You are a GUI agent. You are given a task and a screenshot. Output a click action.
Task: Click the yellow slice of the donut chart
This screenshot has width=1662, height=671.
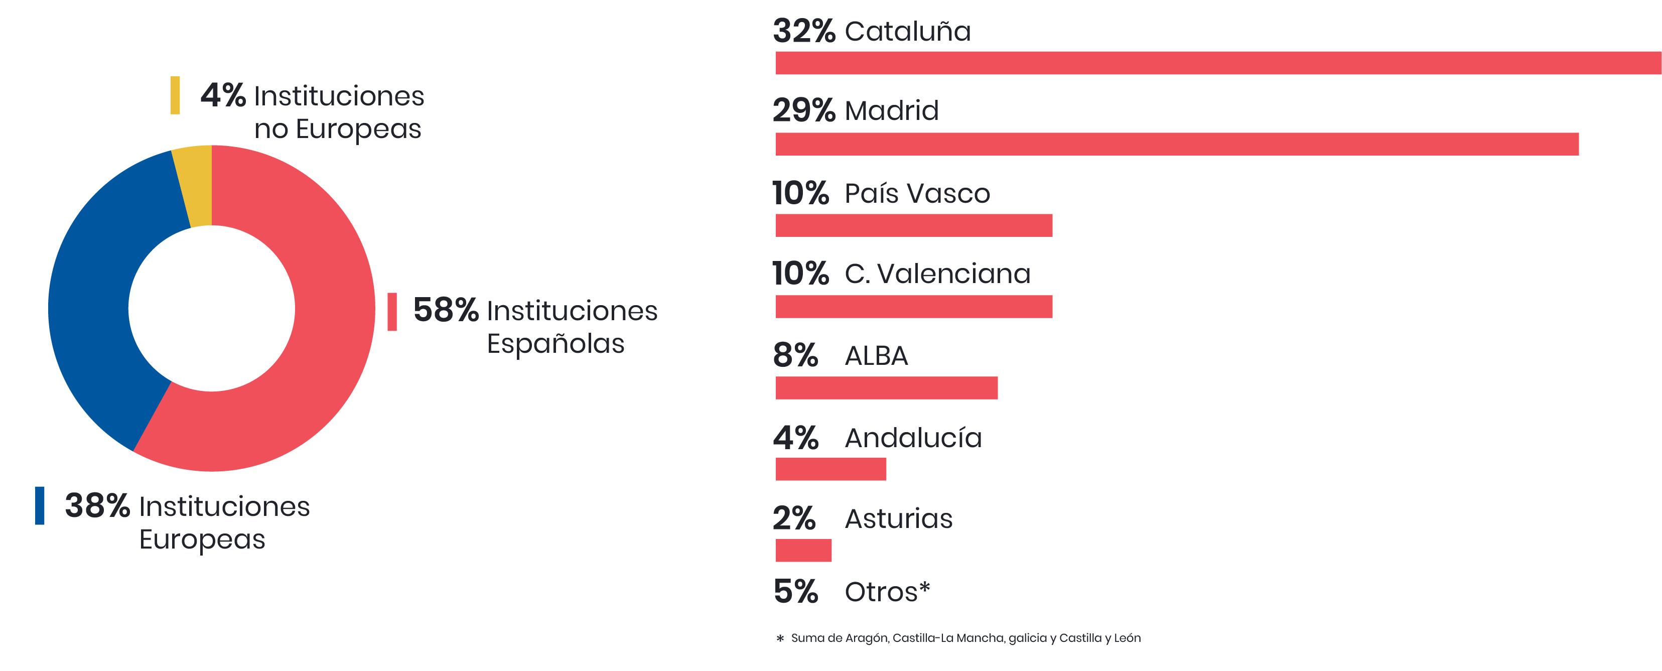pyautogui.click(x=196, y=186)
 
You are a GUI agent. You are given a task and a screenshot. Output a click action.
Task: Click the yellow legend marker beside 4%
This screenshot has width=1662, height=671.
pyautogui.click(x=175, y=95)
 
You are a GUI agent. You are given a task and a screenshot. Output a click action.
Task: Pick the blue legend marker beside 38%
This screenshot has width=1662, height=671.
pyautogui.click(x=39, y=505)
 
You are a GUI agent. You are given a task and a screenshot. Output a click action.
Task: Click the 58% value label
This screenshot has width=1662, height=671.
pyautogui.click(x=445, y=310)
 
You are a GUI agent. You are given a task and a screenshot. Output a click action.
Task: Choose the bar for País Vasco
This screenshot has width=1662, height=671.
pyautogui.click(x=914, y=225)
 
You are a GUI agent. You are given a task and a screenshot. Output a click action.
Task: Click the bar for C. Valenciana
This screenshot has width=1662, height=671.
pyautogui.click(x=914, y=307)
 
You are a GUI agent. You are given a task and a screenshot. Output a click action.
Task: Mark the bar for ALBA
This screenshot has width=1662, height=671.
pyautogui.click(x=887, y=388)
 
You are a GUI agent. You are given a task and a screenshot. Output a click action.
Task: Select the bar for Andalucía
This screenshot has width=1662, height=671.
pyautogui.click(x=830, y=469)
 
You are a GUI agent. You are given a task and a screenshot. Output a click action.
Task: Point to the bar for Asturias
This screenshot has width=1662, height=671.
pyautogui.click(x=803, y=551)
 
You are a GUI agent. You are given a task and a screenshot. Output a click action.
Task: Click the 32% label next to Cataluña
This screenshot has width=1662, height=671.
pyautogui.click(x=804, y=31)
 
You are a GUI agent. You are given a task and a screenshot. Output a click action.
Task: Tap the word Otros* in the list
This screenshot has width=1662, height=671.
pyautogui.click(x=887, y=592)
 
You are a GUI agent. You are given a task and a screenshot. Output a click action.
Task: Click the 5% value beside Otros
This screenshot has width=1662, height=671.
pyautogui.click(x=795, y=592)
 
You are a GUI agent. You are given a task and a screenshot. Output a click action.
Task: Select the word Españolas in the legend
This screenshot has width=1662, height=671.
pyautogui.click(x=556, y=344)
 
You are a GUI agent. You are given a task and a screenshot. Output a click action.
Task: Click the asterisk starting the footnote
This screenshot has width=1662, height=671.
pyautogui.click(x=780, y=639)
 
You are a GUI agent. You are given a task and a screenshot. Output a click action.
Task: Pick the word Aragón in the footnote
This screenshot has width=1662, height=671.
pyautogui.click(x=867, y=638)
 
